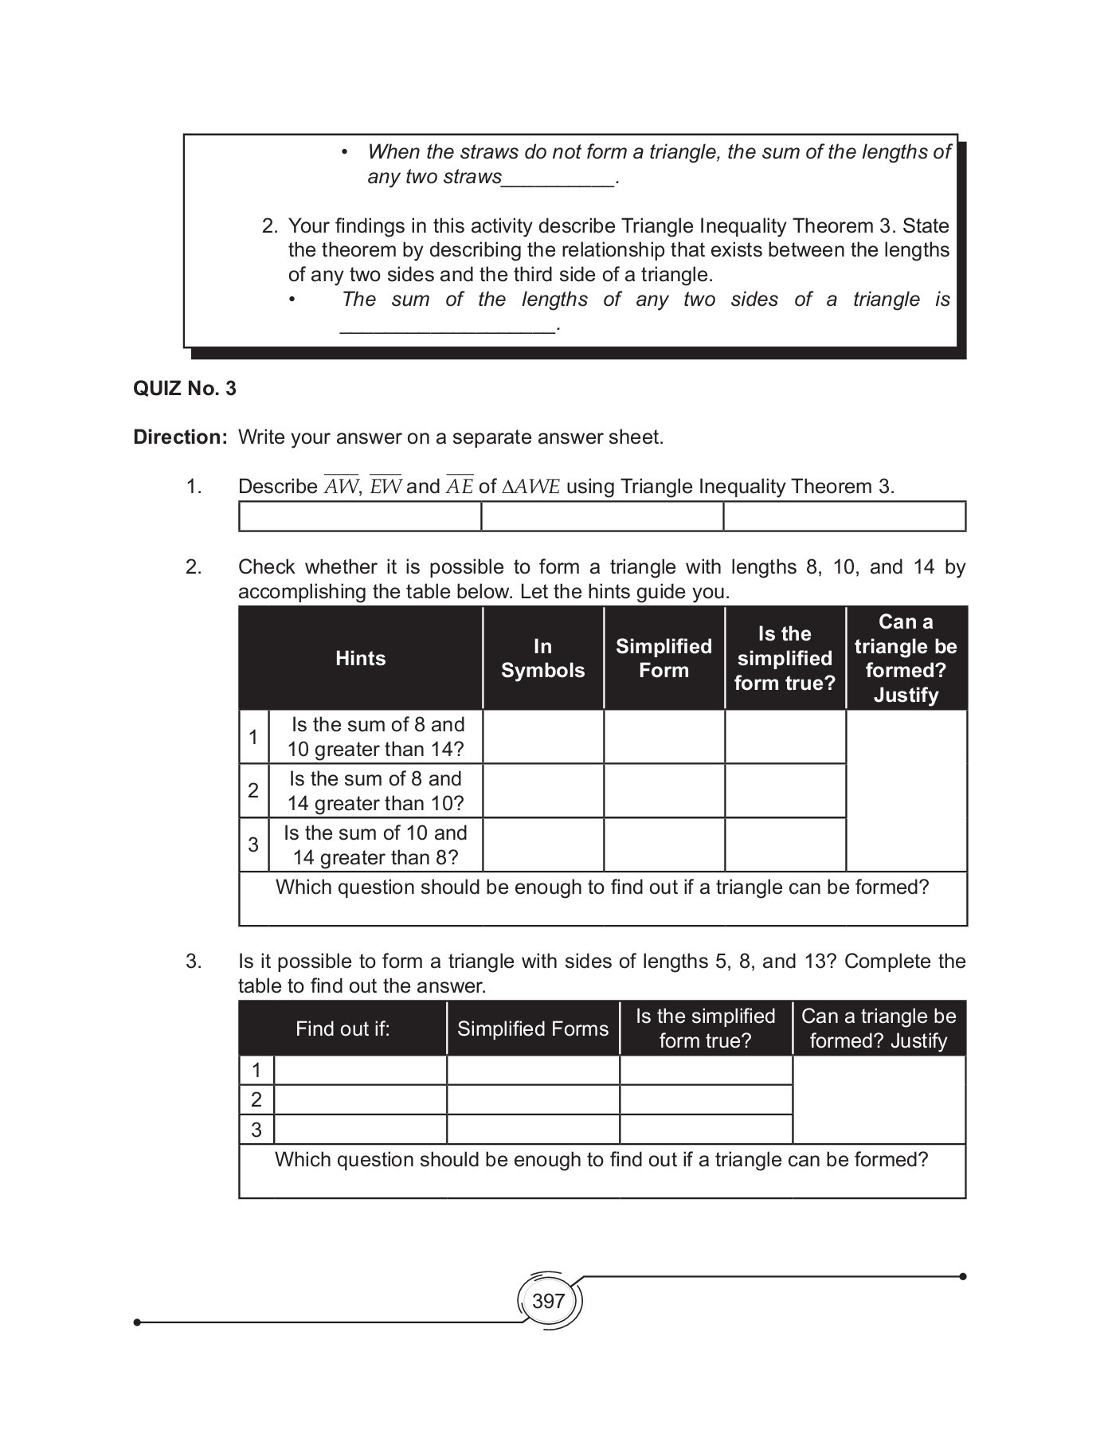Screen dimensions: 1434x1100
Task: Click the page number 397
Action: pyautogui.click(x=548, y=1301)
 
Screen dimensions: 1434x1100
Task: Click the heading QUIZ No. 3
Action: pyautogui.click(x=185, y=389)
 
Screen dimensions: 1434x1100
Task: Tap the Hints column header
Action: pyautogui.click(x=360, y=658)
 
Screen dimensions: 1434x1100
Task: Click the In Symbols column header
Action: pyautogui.click(x=542, y=658)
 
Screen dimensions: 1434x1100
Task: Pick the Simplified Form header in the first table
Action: pyautogui.click(x=664, y=658)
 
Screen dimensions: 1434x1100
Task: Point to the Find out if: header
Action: pyautogui.click(x=343, y=1028)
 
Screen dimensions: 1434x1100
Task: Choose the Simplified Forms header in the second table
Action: pyautogui.click(x=532, y=1028)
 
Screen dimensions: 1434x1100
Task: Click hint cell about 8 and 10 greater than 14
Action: pyautogui.click(x=376, y=737)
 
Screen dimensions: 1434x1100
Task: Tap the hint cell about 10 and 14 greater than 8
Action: pyautogui.click(x=376, y=845)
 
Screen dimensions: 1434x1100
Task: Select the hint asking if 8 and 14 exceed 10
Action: pyautogui.click(x=376, y=791)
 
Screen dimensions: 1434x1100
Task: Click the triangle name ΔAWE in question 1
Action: pyautogui.click(x=531, y=487)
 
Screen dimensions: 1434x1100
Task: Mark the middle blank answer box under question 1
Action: pyautogui.click(x=602, y=516)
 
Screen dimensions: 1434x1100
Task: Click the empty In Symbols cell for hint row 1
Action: pyautogui.click(x=542, y=737)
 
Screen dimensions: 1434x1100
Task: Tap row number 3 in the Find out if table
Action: pyautogui.click(x=256, y=1130)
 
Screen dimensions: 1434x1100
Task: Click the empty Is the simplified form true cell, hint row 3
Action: pyautogui.click(x=785, y=845)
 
